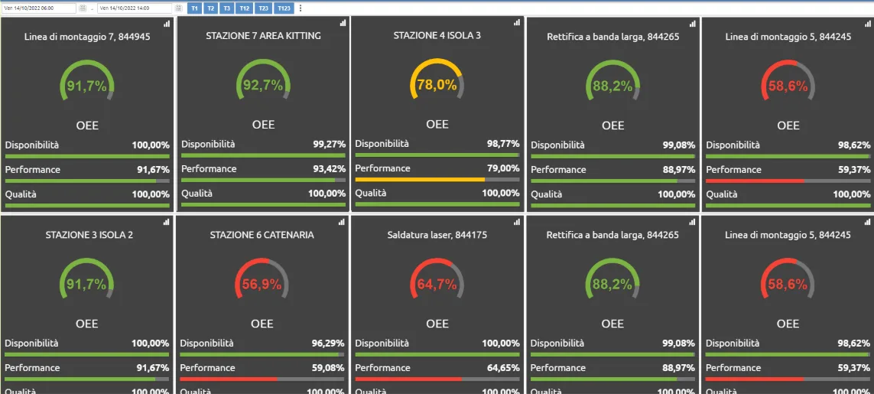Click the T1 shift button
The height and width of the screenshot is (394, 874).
(x=193, y=8)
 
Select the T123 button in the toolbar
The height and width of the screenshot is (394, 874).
(x=284, y=8)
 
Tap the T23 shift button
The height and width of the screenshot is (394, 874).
(x=263, y=8)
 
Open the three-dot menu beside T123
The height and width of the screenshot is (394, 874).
(x=300, y=8)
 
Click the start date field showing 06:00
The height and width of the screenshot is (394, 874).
(x=40, y=8)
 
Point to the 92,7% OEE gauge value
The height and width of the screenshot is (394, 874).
(x=263, y=86)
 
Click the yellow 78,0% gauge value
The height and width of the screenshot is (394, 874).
(x=437, y=85)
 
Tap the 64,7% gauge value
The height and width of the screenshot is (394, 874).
(x=437, y=285)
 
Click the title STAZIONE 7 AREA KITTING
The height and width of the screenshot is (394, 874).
(x=263, y=36)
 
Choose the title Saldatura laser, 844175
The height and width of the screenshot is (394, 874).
(x=437, y=235)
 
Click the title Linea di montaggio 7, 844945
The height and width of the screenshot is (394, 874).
(x=87, y=36)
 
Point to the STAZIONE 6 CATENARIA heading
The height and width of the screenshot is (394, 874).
(x=262, y=235)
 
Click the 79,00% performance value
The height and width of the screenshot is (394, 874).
(x=503, y=168)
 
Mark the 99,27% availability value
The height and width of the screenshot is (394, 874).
(x=329, y=144)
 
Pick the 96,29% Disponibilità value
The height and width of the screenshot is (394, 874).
(x=328, y=344)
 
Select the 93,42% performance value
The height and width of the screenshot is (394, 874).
(x=329, y=168)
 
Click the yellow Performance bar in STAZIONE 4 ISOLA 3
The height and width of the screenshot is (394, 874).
(x=420, y=180)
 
